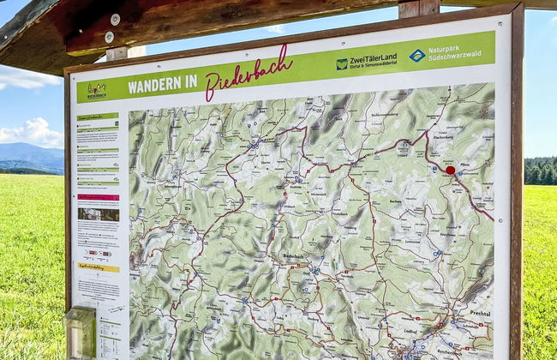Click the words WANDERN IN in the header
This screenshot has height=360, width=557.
[162, 85]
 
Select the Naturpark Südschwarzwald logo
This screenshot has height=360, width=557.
[444, 55]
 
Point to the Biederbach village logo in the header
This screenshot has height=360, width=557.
[96, 89]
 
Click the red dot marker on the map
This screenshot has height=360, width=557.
[450, 170]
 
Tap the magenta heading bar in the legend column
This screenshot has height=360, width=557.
[99, 197]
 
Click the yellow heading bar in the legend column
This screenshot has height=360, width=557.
[98, 267]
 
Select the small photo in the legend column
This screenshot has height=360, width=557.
[98, 214]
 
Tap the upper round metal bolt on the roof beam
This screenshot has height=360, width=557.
[115, 19]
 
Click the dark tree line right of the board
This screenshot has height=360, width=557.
[540, 171]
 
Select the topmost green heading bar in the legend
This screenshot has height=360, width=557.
[98, 116]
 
